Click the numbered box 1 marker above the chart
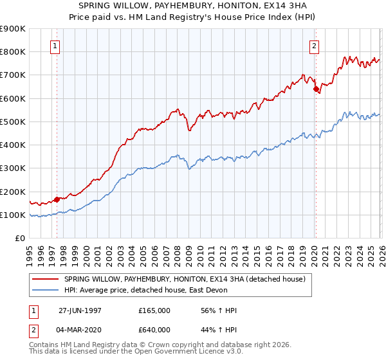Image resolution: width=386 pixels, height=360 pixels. [x=56, y=46]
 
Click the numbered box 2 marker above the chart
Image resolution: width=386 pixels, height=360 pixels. [x=315, y=46]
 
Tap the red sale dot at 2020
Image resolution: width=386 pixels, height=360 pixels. [x=316, y=89]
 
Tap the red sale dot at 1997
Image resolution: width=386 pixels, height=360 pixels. [x=57, y=199]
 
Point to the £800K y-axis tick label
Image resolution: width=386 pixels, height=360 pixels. [x=12, y=51]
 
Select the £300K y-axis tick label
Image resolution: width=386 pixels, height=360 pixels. [x=12, y=168]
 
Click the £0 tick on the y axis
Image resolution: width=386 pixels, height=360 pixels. [x=19, y=239]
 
